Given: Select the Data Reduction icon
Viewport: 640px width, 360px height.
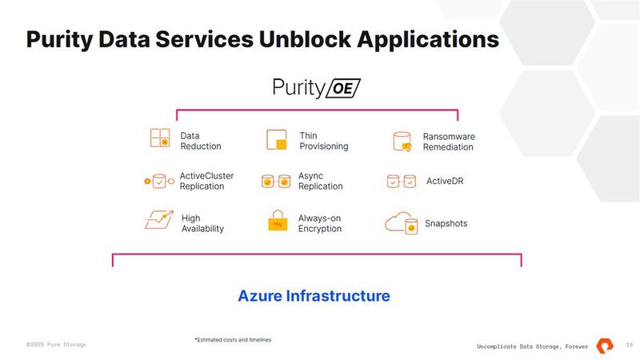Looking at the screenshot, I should click(160, 139).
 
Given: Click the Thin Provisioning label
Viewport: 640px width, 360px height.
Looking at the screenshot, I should click(324, 142).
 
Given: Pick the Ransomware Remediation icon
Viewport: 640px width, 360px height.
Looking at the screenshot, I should click(402, 142).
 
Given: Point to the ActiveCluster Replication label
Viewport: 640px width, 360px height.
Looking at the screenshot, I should click(206, 182).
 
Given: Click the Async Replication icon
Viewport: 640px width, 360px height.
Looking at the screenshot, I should click(276, 182).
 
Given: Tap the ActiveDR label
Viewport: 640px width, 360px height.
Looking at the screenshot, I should click(444, 182).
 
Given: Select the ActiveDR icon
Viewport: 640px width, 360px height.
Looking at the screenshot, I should click(401, 182).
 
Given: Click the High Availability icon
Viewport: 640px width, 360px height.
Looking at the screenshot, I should click(159, 219).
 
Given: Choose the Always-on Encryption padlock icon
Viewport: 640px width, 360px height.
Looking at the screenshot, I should click(277, 222).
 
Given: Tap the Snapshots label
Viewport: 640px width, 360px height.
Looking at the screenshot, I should click(446, 223).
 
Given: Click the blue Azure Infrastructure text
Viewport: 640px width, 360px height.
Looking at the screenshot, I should click(314, 296).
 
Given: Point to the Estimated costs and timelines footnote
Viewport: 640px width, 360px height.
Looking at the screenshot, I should click(233, 340).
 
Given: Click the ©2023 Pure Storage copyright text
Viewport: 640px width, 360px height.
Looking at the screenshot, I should click(56, 344).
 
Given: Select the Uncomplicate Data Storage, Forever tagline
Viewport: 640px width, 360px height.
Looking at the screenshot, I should click(532, 346).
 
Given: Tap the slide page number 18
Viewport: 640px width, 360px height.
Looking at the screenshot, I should click(630, 345).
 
